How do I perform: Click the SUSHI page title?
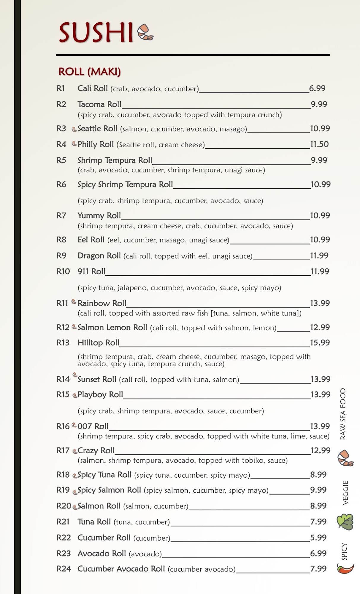[96, 33]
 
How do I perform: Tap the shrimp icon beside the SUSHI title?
[145, 32]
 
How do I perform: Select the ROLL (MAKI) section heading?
[89, 72]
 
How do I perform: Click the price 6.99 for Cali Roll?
[317, 88]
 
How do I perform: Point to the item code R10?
[63, 271]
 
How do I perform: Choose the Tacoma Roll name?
[99, 104]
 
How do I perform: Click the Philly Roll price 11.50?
[319, 144]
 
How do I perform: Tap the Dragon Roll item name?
[99, 256]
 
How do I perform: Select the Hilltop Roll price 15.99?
[320, 343]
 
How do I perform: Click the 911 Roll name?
[91, 271]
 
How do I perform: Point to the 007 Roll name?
[93, 426]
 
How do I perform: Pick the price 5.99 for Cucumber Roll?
[318, 538]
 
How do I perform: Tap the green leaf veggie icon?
[345, 522]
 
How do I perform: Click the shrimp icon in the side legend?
[345, 458]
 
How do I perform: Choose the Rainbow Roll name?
[102, 303]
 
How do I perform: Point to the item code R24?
[64, 569]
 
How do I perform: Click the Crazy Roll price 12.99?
[320, 451]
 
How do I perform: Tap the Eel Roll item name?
[91, 240]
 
